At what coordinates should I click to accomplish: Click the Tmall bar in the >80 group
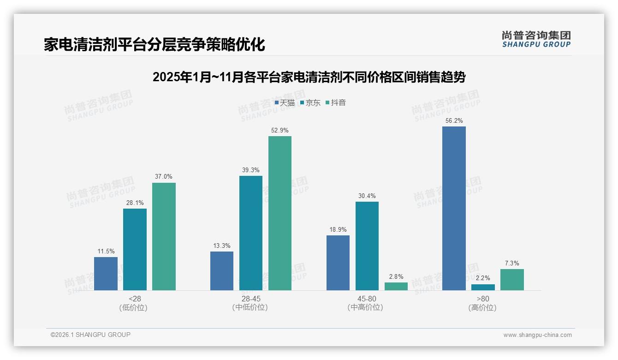pyautogui.click(x=454, y=208)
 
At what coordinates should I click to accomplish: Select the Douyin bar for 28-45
pyautogui.click(x=280, y=213)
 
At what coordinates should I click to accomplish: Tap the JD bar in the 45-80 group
pyautogui.click(x=367, y=246)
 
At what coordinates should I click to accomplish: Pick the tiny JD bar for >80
pyautogui.click(x=483, y=287)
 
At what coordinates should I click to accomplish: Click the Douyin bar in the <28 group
pyautogui.click(x=164, y=236)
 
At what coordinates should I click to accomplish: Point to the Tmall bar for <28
pyautogui.click(x=106, y=273)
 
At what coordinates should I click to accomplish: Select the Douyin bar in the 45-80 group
pyautogui.click(x=396, y=286)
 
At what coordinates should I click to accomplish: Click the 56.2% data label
pyautogui.click(x=454, y=121)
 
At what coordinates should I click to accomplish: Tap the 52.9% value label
pyautogui.click(x=280, y=131)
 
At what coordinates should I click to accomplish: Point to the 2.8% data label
pyautogui.click(x=396, y=277)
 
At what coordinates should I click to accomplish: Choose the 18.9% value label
pyautogui.click(x=338, y=230)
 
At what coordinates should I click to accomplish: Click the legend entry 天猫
pyautogui.click(x=285, y=103)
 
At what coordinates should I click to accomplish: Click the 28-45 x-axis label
pyautogui.click(x=250, y=299)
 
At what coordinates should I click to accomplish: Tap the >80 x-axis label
pyautogui.click(x=482, y=299)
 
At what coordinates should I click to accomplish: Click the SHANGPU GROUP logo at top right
pyautogui.click(x=536, y=39)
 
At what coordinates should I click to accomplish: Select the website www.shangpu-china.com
pyautogui.click(x=537, y=335)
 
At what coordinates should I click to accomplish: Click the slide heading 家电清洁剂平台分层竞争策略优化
pyautogui.click(x=154, y=45)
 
